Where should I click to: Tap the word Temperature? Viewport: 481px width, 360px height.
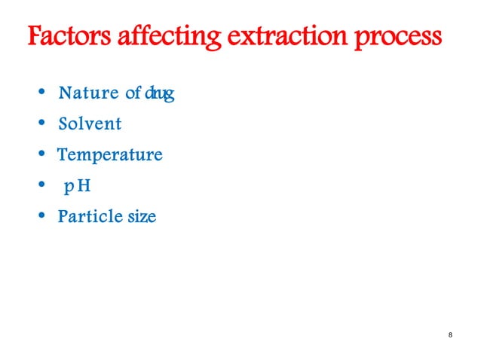[110, 156]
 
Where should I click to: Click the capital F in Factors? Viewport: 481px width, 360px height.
[35, 37]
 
